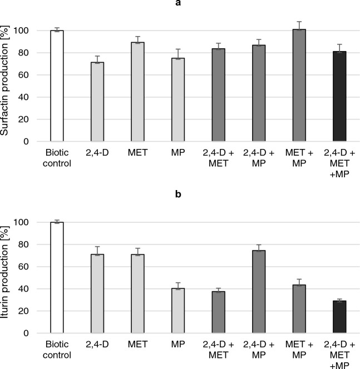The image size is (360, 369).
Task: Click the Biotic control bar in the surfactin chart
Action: point(57,86)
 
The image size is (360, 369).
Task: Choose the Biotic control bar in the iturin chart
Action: point(57,278)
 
